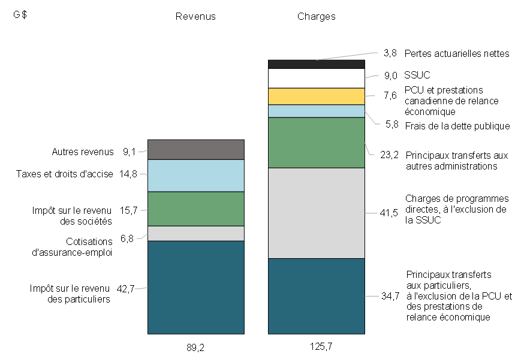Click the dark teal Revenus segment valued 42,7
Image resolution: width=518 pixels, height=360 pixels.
(x=195, y=287)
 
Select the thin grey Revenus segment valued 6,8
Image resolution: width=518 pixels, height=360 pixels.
(x=195, y=233)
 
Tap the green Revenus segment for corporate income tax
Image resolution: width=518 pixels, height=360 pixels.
(x=195, y=208)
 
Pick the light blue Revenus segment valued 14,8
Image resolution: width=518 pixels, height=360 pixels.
(x=195, y=175)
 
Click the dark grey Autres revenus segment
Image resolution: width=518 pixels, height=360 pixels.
(x=195, y=149)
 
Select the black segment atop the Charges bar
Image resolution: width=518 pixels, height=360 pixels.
(x=316, y=64)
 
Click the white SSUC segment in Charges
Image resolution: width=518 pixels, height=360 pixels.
(x=316, y=78)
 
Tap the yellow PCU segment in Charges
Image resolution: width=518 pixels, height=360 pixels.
(x=316, y=96)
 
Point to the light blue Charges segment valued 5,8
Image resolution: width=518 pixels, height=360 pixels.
(x=316, y=111)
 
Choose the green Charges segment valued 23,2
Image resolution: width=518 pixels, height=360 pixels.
(x=316, y=143)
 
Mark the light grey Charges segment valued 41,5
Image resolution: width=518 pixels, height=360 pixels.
(x=316, y=213)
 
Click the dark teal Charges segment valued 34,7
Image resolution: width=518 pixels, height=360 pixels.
(x=316, y=296)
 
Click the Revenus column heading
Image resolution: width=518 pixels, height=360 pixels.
(x=195, y=17)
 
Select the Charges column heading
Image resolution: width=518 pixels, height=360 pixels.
(x=316, y=17)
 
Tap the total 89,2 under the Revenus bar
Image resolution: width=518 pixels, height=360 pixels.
(x=195, y=346)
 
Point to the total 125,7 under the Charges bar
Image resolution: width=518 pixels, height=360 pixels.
(x=316, y=346)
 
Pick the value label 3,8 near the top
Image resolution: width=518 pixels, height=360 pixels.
(x=390, y=53)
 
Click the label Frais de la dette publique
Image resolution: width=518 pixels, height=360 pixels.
(x=457, y=126)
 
